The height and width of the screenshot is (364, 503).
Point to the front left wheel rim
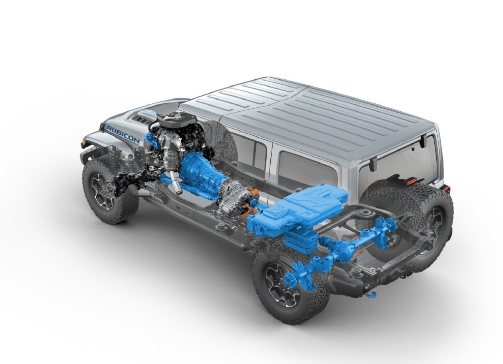click(x=103, y=189)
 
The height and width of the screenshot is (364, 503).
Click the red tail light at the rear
click(x=447, y=188)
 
